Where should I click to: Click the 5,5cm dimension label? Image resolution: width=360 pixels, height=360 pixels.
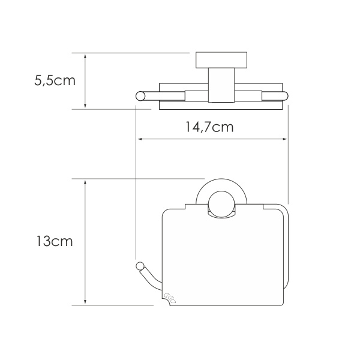[55, 80]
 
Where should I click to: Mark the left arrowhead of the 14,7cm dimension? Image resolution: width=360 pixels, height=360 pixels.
[142, 140]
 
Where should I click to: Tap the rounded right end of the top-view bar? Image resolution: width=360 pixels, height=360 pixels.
[286, 95]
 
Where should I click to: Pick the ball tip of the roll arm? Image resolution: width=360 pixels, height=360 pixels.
[140, 266]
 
